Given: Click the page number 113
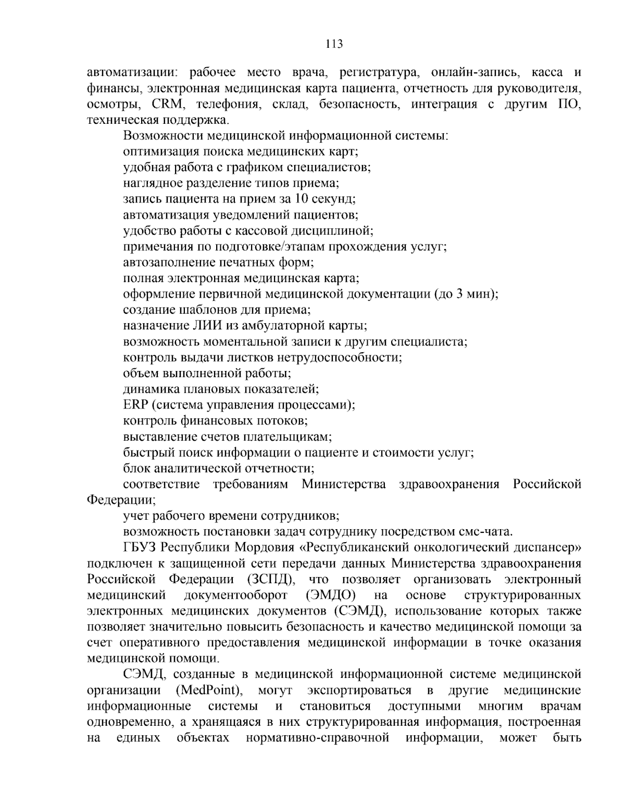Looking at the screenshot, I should pos(334,44).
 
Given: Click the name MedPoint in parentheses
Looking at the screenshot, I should pos(207,690).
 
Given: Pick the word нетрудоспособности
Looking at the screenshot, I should pos(340,357).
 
